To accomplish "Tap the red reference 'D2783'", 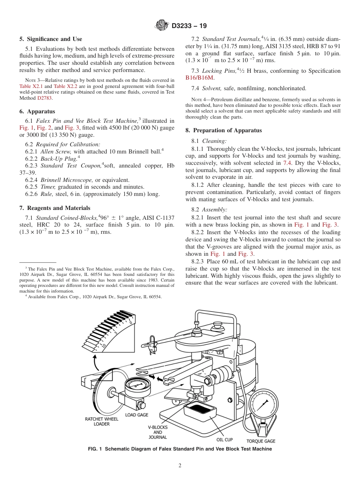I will point(44,98).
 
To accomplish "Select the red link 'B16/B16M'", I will point(200,78).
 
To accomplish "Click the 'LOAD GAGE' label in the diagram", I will point(136,415).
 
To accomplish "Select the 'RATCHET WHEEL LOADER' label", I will point(102,421).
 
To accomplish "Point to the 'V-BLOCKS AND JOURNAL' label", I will point(158,432).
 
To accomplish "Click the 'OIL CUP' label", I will point(225,440).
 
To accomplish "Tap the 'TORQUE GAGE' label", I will point(261,441).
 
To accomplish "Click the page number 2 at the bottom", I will point(180,466).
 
